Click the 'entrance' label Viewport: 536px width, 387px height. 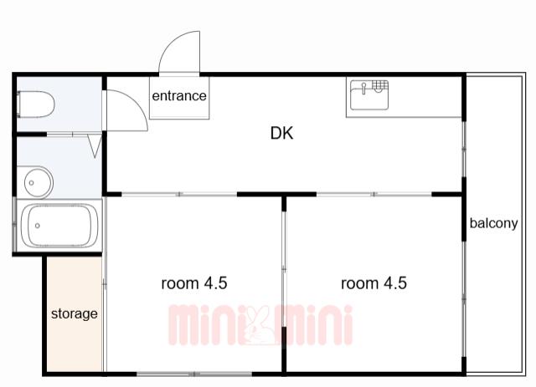(x=179, y=96)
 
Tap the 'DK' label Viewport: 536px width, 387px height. (x=281, y=133)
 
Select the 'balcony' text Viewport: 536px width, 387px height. (x=493, y=223)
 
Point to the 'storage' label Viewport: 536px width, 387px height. (x=75, y=313)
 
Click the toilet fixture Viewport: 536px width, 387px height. (x=35, y=104)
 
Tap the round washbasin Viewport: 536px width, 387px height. (x=34, y=182)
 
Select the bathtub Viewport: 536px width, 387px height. (x=59, y=225)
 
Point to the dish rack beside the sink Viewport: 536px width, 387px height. (x=379, y=85)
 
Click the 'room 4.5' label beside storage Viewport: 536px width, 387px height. (x=193, y=283)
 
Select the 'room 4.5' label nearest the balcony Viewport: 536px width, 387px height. (x=374, y=283)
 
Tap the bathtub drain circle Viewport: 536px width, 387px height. (x=37, y=226)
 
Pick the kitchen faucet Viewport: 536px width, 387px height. (x=364, y=88)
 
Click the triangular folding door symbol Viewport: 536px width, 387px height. (x=95, y=146)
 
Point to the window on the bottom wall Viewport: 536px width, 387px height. (x=194, y=374)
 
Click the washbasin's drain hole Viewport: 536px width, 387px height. (x=31, y=183)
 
